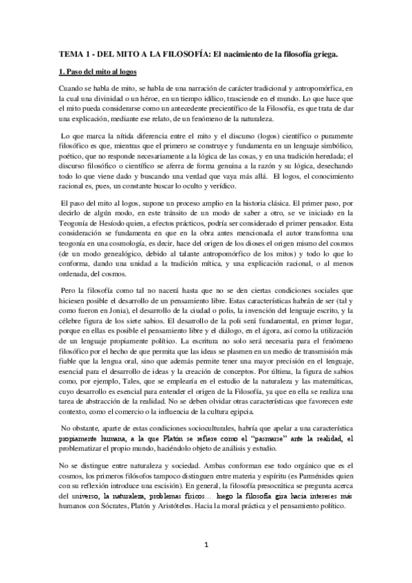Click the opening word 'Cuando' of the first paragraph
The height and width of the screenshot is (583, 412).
(73, 89)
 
